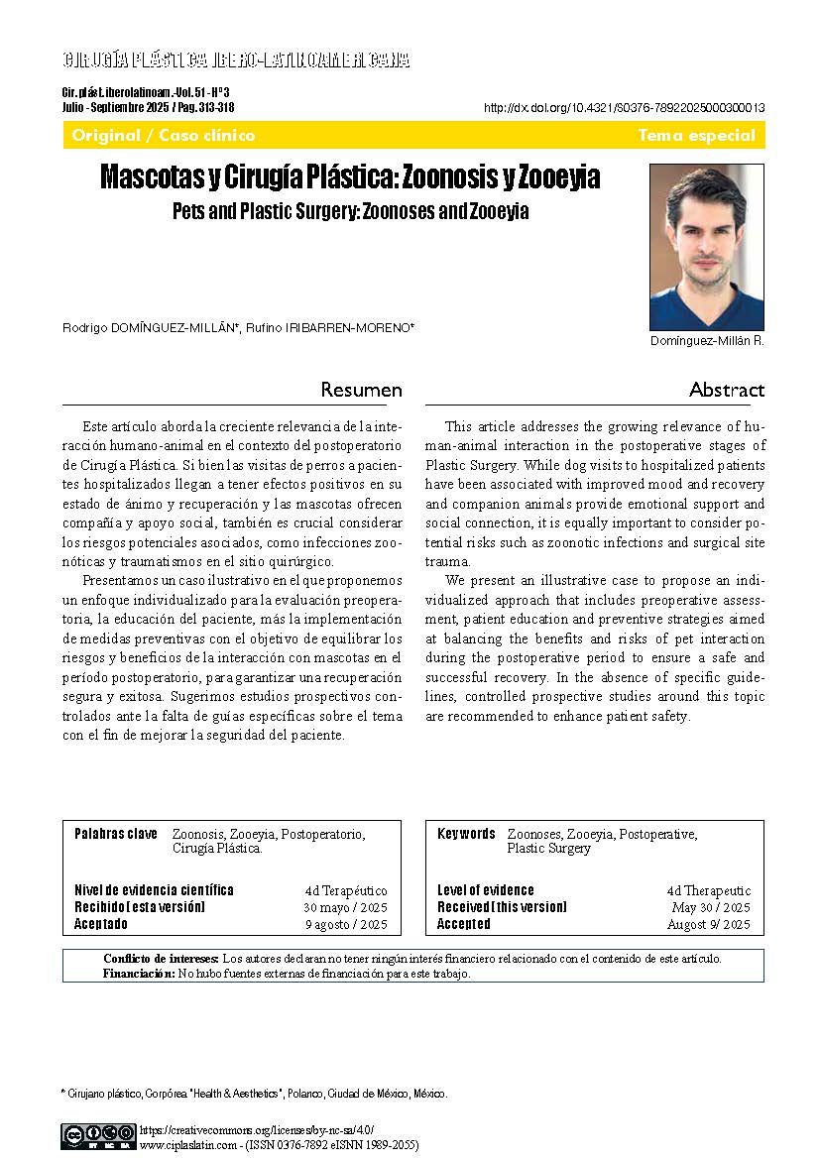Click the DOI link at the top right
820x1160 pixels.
624,108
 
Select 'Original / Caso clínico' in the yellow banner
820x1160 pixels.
164,136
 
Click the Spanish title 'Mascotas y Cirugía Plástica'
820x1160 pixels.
350,178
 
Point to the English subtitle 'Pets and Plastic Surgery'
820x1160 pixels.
350,211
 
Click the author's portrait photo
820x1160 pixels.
706,247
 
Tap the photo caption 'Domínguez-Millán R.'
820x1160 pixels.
707,341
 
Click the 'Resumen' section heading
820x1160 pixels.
361,390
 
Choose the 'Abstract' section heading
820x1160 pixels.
727,390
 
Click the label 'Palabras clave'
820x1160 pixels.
115,834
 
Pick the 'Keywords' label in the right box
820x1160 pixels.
466,834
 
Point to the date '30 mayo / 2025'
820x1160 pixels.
345,908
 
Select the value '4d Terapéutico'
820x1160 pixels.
346,891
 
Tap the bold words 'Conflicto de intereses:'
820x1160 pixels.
161,959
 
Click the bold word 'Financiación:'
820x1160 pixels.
138,974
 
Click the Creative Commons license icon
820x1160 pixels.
98,1135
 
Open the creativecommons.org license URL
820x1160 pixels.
257,1129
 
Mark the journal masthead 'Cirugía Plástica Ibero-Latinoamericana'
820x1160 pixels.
236,60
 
